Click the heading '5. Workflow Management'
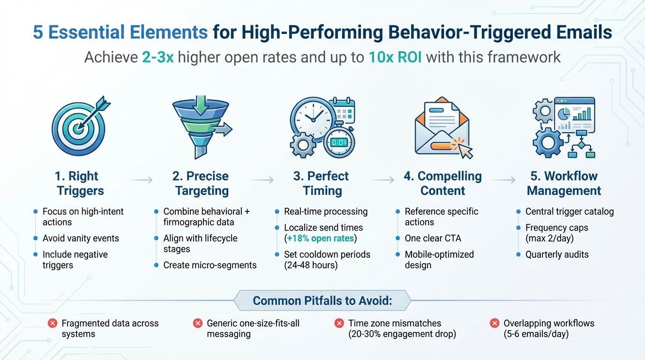(x=564, y=183)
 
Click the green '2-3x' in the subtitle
(x=157, y=57)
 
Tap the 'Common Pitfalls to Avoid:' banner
(x=322, y=300)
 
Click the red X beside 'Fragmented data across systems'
(x=52, y=323)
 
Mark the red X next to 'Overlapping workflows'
(x=494, y=323)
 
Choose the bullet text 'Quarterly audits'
(x=557, y=255)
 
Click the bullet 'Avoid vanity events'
(x=81, y=238)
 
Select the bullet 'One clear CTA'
(x=433, y=238)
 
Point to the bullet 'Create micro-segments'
(x=210, y=265)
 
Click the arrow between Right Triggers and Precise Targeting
(x=140, y=180)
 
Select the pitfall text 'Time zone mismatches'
(x=395, y=323)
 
